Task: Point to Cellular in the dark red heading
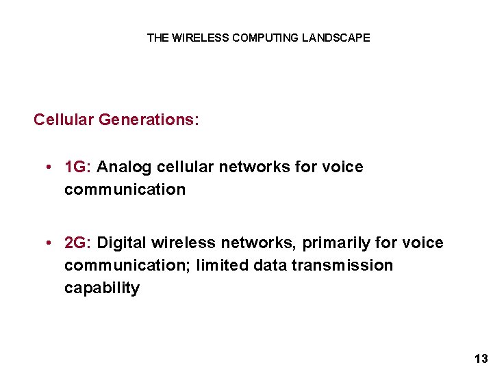point(64,120)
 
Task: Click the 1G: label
point(78,167)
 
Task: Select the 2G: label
point(78,243)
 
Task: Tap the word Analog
point(125,167)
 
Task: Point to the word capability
point(102,288)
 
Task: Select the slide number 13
point(481,359)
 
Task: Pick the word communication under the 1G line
point(125,189)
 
